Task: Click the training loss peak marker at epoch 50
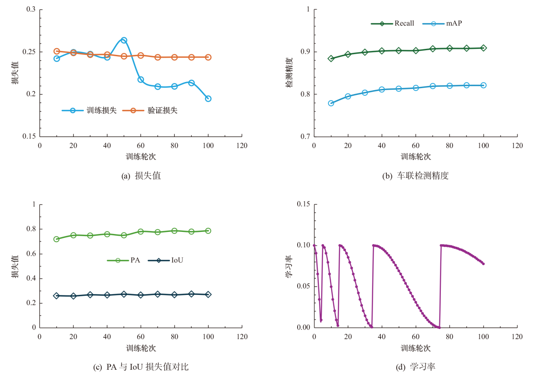[124, 40]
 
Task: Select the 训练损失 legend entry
[89, 111]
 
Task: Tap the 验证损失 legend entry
[150, 111]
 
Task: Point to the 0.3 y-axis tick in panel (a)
[31, 9]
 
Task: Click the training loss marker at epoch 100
[208, 99]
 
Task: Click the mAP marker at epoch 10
[331, 103]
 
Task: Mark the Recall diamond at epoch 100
[483, 48]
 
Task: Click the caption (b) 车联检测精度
[415, 175]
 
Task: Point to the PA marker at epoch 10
[57, 239]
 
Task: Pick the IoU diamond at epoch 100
[208, 294]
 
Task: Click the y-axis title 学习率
[289, 266]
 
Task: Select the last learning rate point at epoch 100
[483, 264]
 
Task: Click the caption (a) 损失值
[141, 175]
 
